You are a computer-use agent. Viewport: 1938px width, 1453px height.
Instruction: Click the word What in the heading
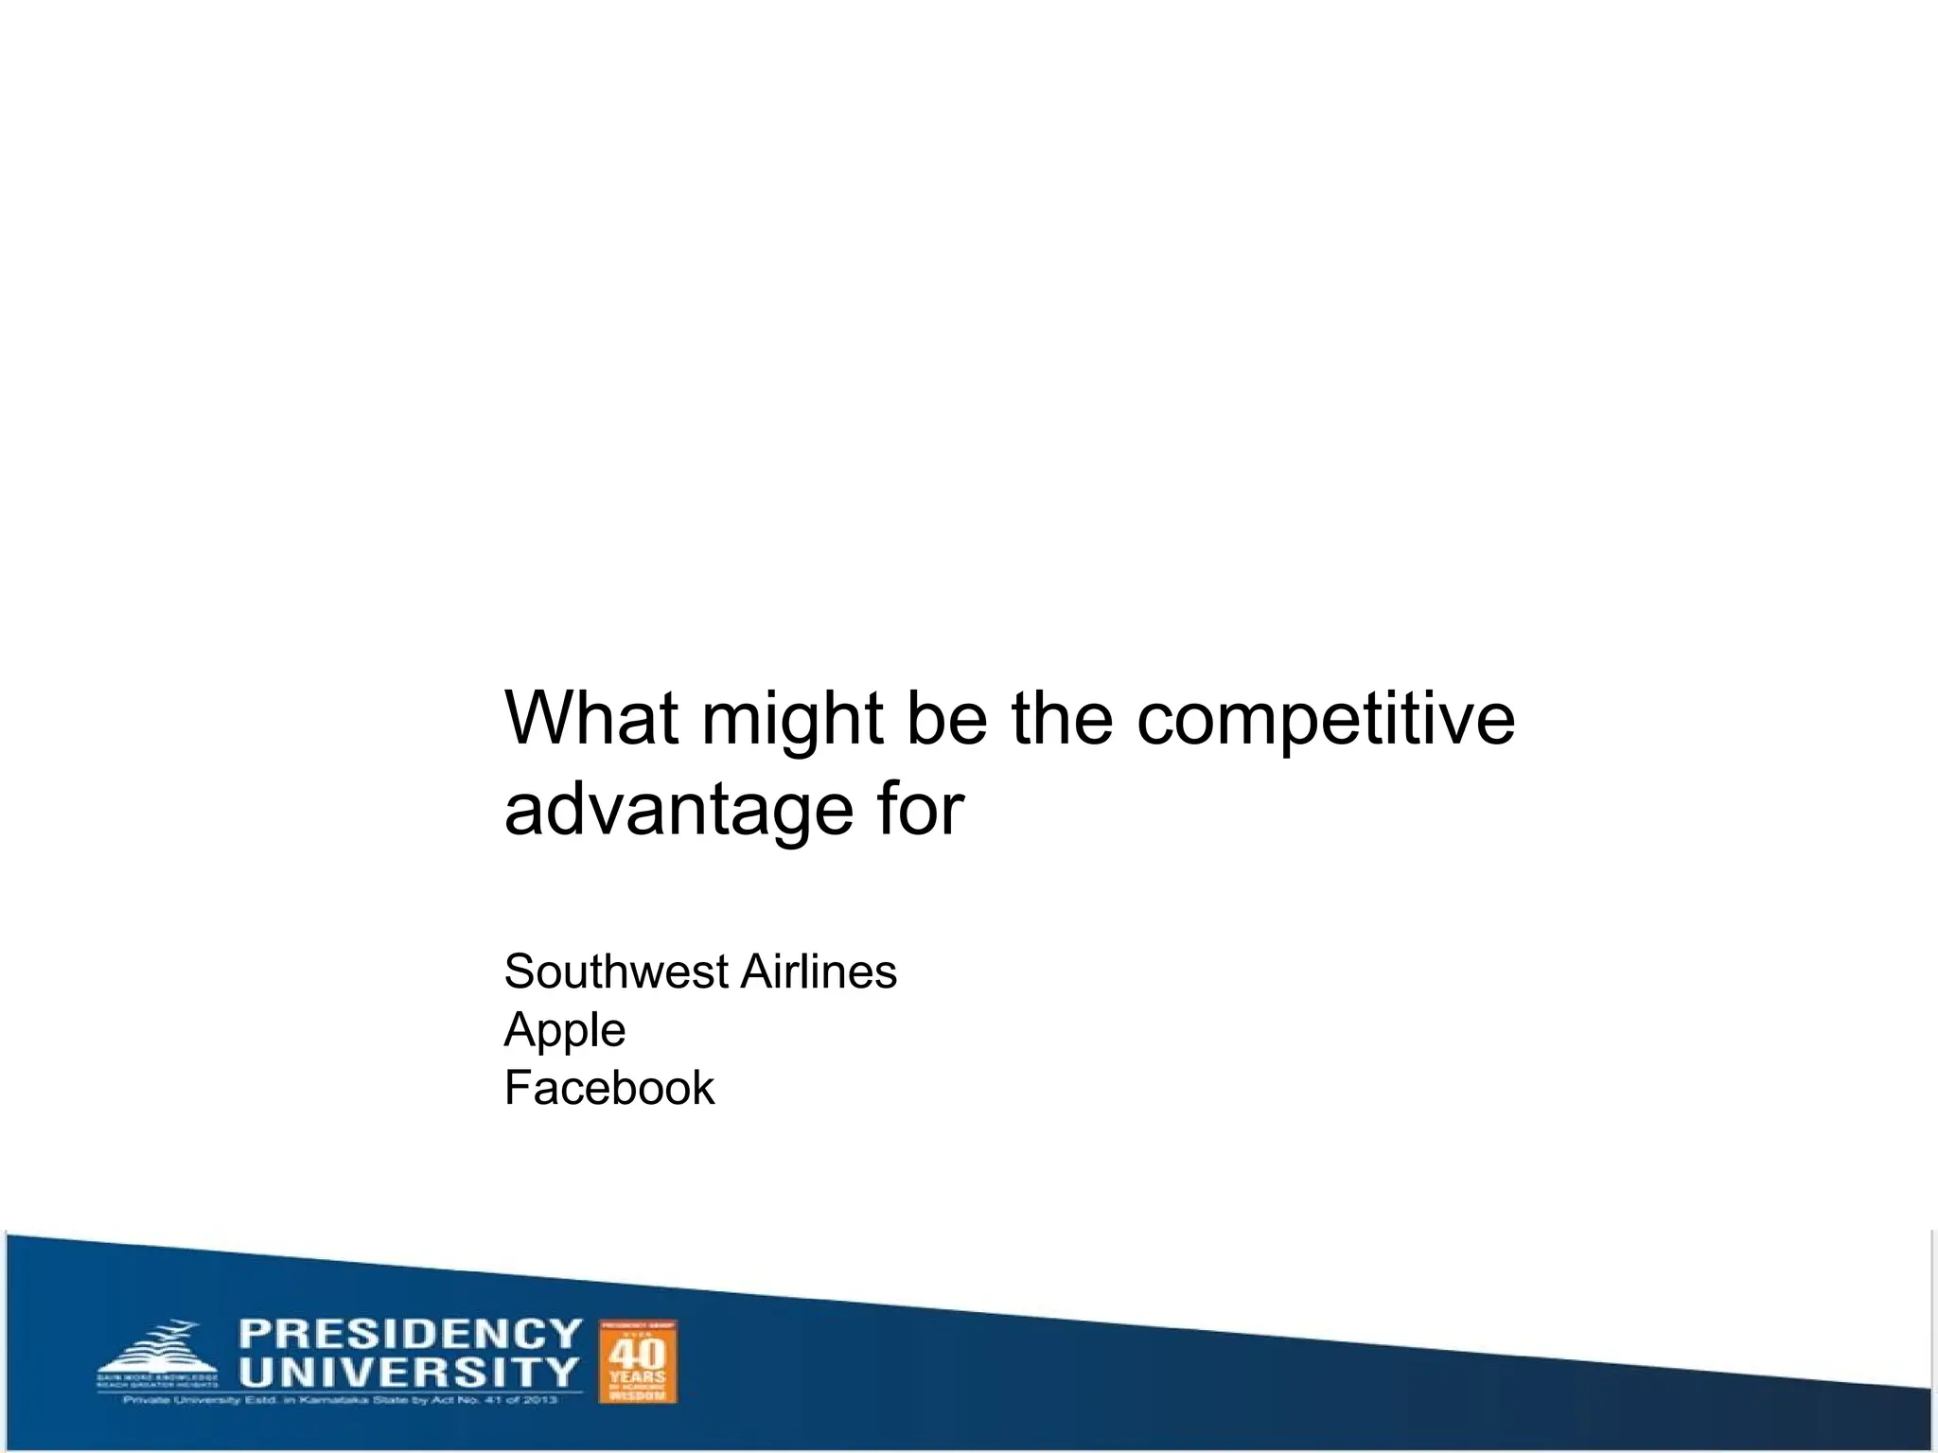[x=591, y=718]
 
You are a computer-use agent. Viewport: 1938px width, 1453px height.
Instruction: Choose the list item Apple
[x=565, y=1030]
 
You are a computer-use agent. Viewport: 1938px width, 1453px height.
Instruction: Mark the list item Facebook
[x=608, y=1088]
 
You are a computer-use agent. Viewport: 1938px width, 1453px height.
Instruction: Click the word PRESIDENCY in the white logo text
[x=410, y=1334]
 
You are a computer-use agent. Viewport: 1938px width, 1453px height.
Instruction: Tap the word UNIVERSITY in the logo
[x=408, y=1373]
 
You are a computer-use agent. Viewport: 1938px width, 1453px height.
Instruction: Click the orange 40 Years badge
[x=639, y=1361]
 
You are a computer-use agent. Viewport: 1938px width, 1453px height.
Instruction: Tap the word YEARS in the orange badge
[x=639, y=1376]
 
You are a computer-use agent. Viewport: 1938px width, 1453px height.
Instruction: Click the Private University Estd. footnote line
[x=340, y=1400]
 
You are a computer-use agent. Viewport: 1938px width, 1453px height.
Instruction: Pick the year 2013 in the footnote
[x=538, y=1400]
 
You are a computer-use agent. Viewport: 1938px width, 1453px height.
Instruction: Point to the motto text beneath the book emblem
[x=156, y=1380]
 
